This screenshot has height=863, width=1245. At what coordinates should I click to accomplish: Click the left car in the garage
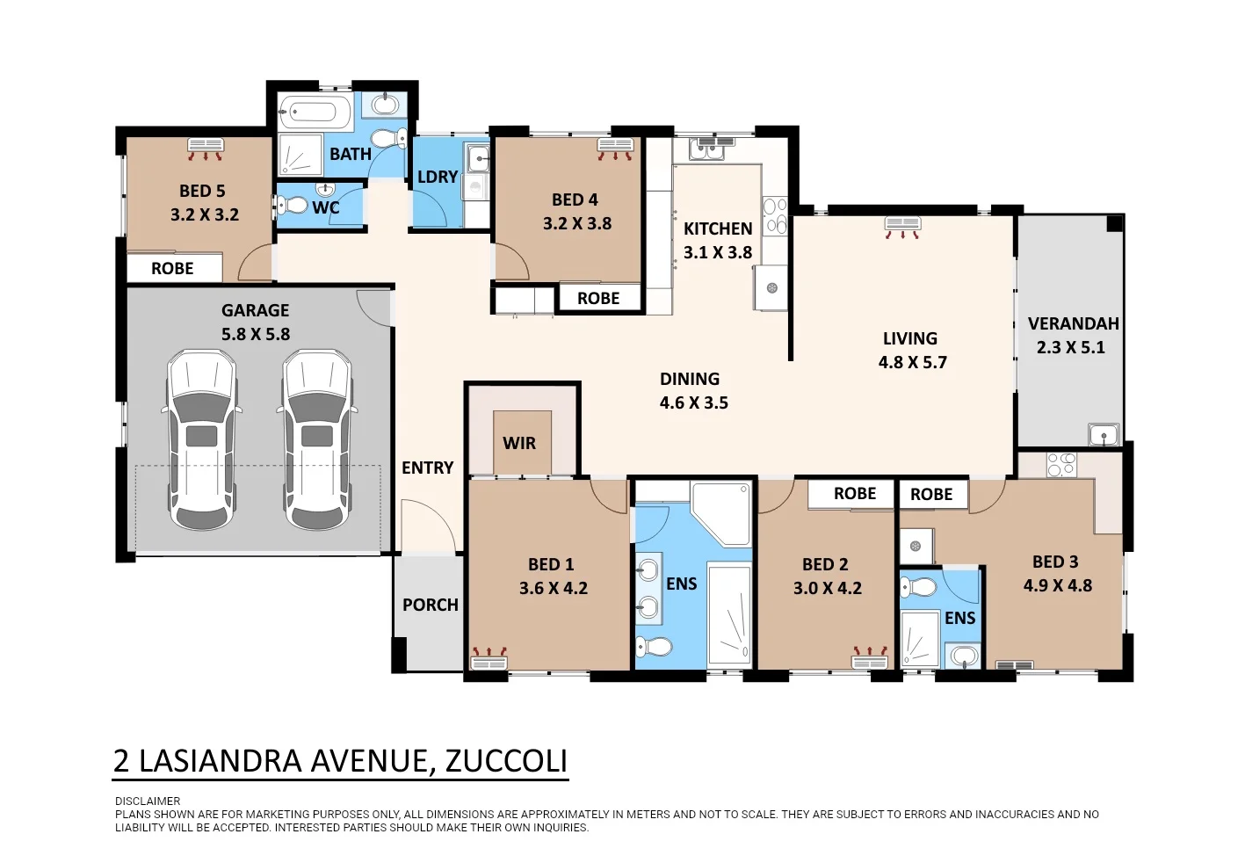202,439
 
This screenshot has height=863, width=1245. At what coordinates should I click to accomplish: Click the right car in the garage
317,439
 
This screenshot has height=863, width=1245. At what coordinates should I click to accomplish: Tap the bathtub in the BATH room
314,112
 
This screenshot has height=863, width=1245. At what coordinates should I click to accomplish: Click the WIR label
519,443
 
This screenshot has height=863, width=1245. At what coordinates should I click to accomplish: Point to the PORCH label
431,605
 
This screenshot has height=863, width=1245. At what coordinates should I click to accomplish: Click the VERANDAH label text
1073,323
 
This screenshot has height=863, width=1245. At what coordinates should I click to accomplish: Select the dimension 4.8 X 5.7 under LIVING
912,362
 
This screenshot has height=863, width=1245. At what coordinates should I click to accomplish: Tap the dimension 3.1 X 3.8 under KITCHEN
718,252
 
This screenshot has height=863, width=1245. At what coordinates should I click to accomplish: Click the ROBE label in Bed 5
172,268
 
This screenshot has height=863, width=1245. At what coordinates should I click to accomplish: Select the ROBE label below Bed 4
598,298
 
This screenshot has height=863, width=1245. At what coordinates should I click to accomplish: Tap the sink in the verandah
1104,434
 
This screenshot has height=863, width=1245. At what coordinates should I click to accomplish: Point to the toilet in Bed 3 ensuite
919,586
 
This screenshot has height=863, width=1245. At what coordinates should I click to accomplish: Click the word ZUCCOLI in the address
506,760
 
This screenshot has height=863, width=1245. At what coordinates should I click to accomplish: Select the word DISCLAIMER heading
148,801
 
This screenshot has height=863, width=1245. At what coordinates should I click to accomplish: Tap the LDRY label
438,177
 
